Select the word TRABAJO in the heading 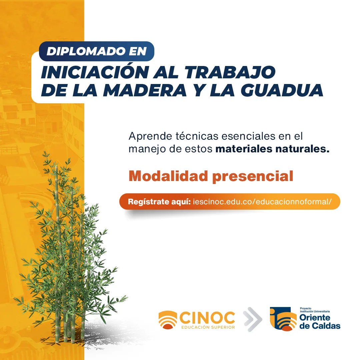pos(230,72)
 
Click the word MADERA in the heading pos(145,90)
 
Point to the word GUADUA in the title pos(282,90)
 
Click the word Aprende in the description pos(150,136)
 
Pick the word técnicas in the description pos(197,136)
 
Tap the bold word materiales pos(244,149)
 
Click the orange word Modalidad pos(168,176)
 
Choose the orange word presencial pos(253,177)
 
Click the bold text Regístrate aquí pos(159,202)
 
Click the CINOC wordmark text pos(207,318)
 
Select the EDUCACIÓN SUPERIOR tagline pos(208,327)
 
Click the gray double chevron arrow pos(253,319)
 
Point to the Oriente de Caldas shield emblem pos(283,319)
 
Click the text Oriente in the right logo pos(315,318)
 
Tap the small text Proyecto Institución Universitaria pos(315,310)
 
